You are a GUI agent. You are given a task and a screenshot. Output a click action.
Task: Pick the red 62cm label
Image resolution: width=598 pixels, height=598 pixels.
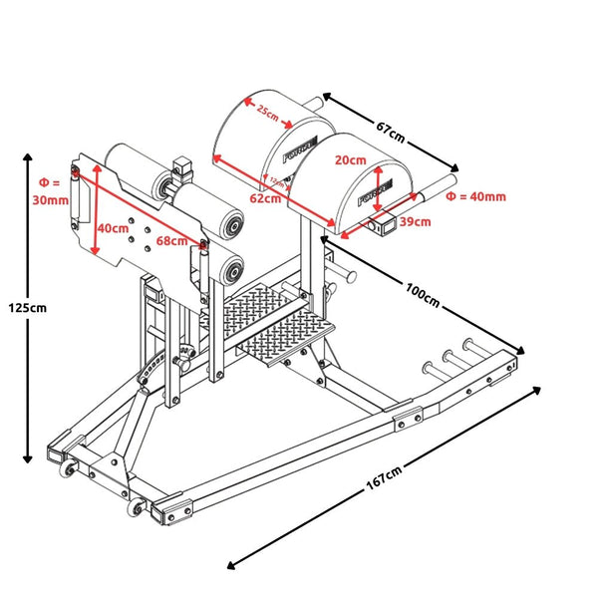pos(264,197)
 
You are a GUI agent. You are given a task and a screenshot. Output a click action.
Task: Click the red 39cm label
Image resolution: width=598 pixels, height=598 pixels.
pos(416,221)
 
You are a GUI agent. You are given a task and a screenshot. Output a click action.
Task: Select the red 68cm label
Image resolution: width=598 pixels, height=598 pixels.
pos(171,240)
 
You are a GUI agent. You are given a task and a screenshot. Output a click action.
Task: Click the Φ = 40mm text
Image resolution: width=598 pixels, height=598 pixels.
pos(476,196)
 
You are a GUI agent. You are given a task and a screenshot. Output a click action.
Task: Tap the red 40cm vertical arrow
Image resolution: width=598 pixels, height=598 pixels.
pos(96,214)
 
